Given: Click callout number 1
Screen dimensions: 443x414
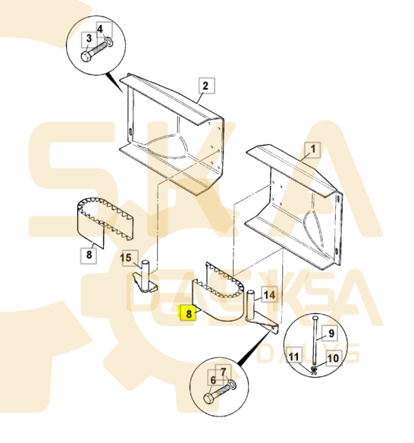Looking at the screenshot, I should tap(309, 150).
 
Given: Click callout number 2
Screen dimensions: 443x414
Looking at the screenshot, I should tap(205, 85).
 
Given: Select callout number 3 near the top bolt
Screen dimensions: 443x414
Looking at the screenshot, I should tap(89, 39).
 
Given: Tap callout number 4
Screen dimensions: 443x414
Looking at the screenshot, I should tap(100, 29).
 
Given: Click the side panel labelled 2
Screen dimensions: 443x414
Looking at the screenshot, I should tap(171, 137).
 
